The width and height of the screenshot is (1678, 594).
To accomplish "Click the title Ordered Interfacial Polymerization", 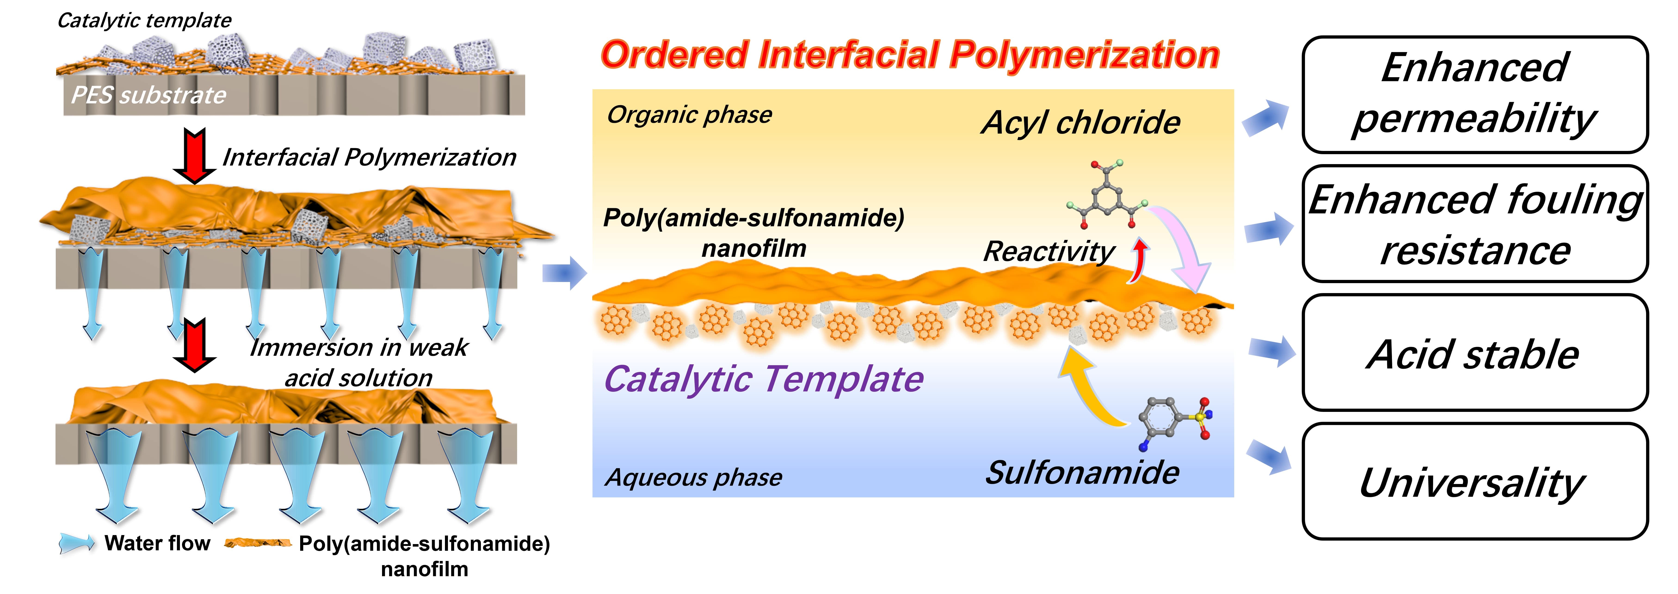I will coord(909,55).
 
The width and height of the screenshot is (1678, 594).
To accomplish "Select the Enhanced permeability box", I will coord(1475,95).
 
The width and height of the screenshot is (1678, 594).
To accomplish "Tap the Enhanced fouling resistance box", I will coord(1475,224).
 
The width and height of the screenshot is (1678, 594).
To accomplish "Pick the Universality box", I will coord(1475,482).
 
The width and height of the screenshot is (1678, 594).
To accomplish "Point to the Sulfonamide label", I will coord(1081,472).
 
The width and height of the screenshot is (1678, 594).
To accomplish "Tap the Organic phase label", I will coord(689,115).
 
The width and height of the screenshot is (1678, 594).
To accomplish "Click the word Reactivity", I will coord(1049,251).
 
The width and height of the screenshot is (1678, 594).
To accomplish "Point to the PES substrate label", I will coord(148,95).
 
